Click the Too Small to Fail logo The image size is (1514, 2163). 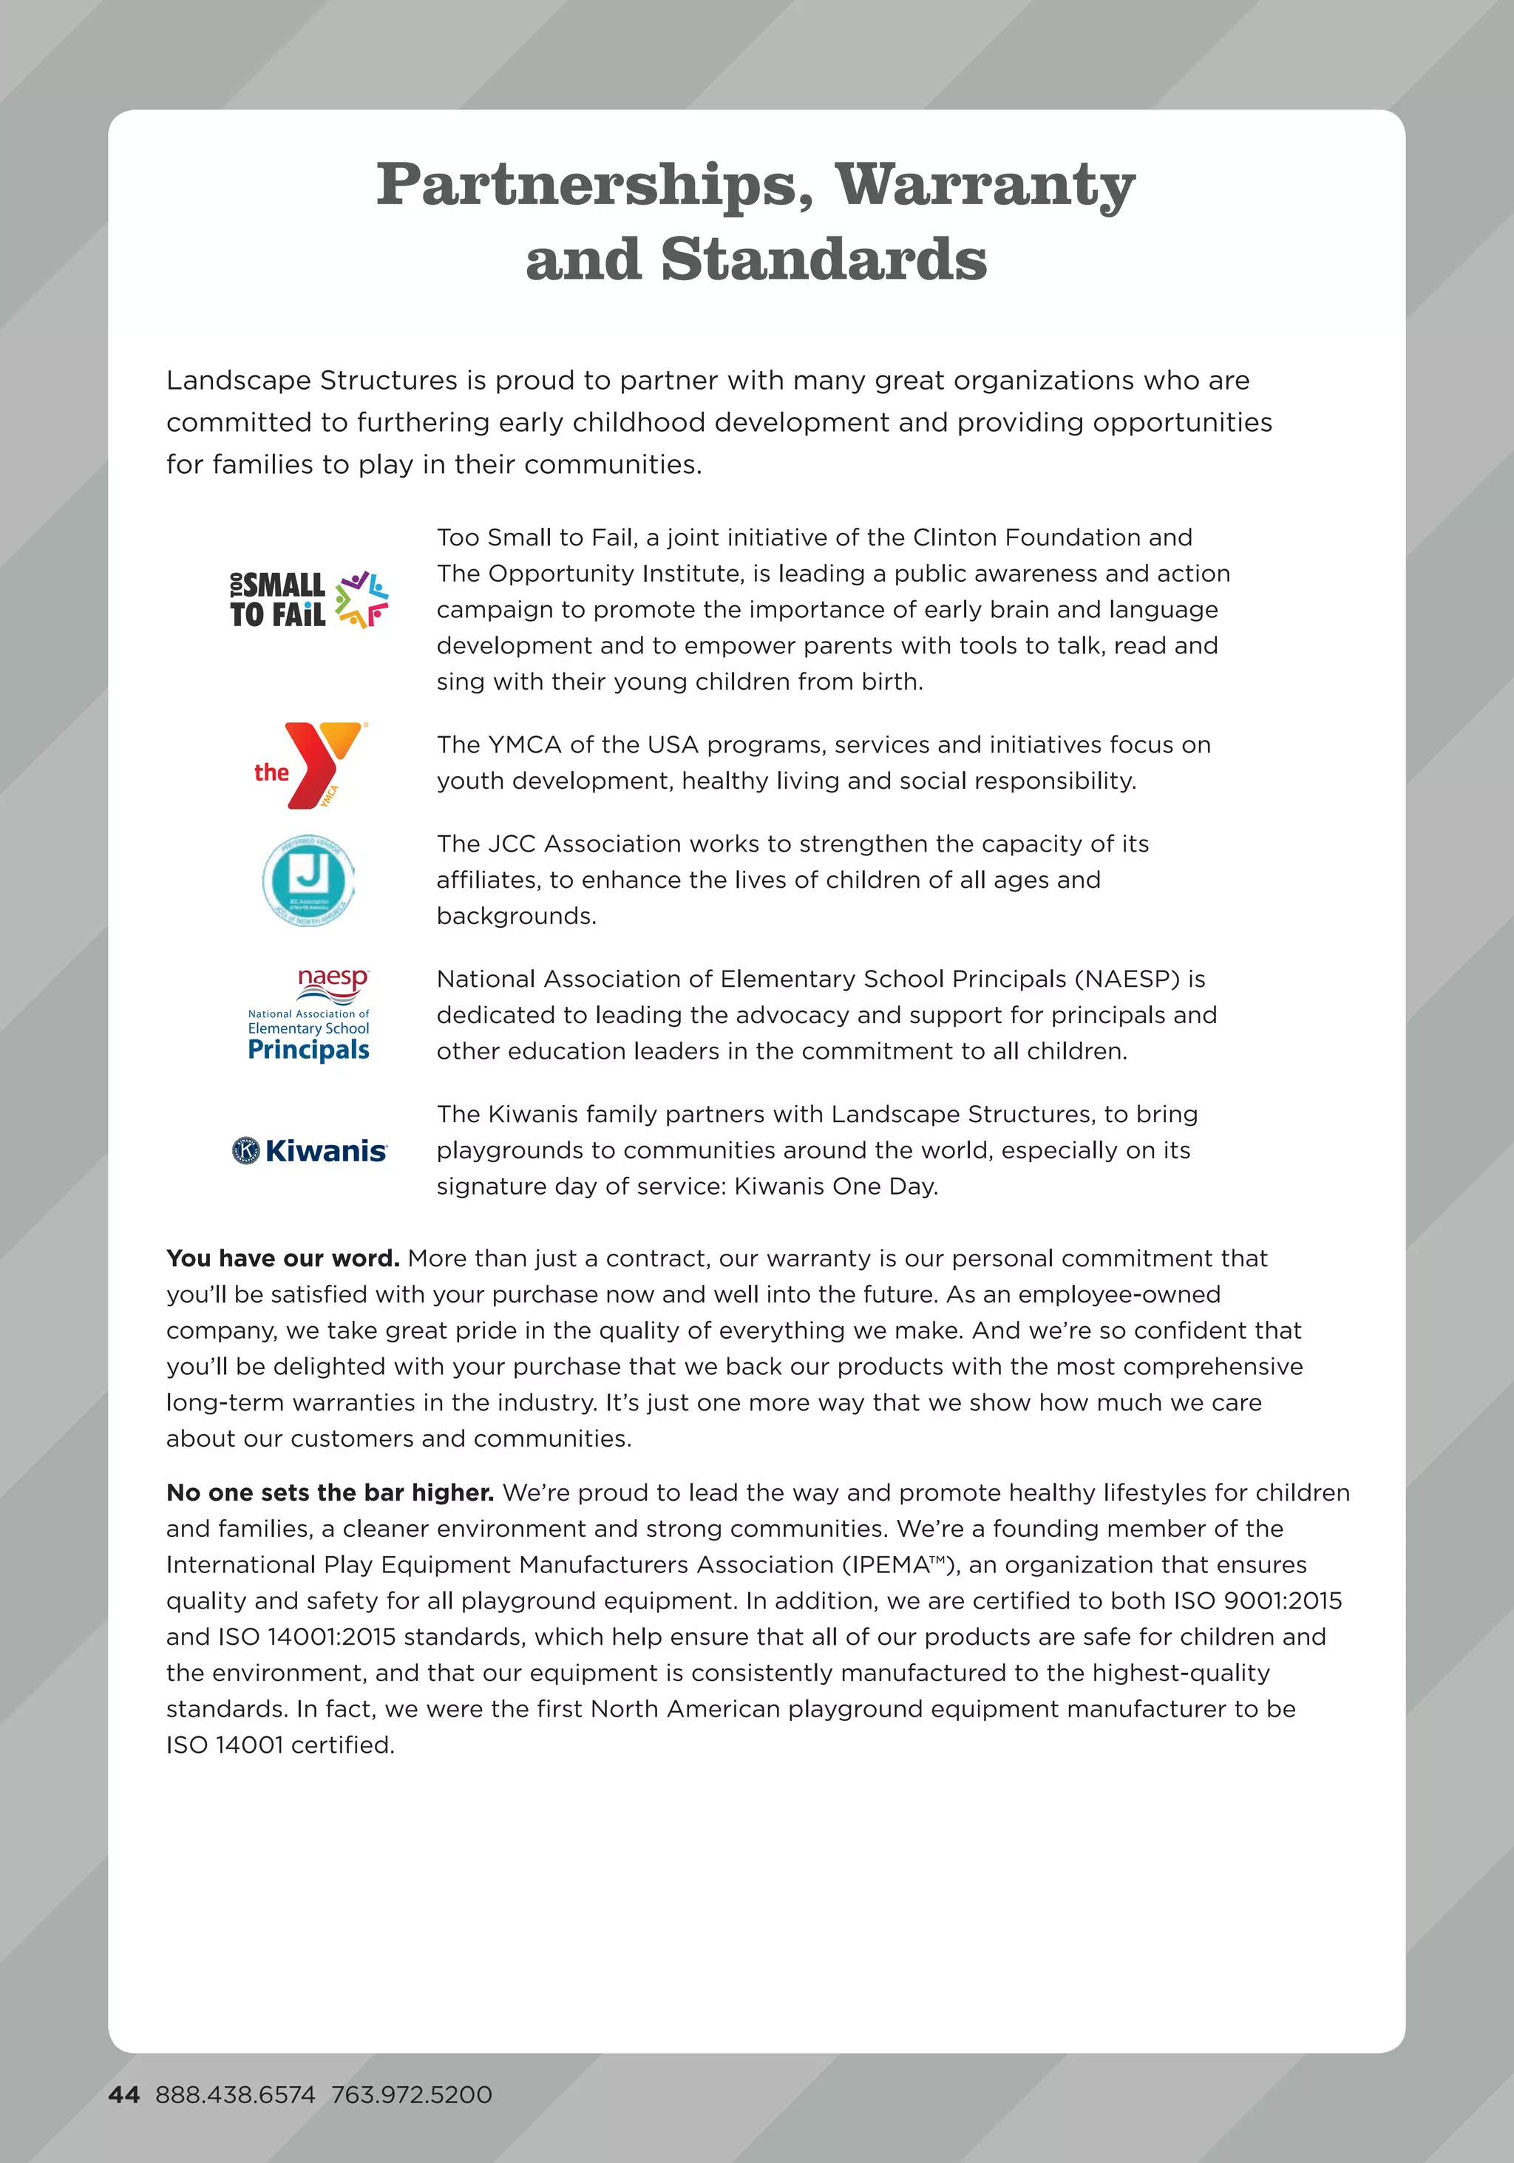coord(309,600)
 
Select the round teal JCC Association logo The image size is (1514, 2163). coord(308,880)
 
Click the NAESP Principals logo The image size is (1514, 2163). coord(308,1016)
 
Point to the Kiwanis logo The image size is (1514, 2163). coord(309,1150)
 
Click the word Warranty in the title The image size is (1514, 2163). coord(985,185)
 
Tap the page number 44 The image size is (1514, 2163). coord(123,2094)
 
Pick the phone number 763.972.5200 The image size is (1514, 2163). coord(412,2094)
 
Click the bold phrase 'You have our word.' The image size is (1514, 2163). coord(282,1259)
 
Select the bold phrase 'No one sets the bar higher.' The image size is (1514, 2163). coord(330,1493)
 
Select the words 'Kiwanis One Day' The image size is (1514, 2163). coord(835,1186)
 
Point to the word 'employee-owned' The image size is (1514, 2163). coord(1119,1294)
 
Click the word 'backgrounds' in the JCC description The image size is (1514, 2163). coord(515,916)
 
